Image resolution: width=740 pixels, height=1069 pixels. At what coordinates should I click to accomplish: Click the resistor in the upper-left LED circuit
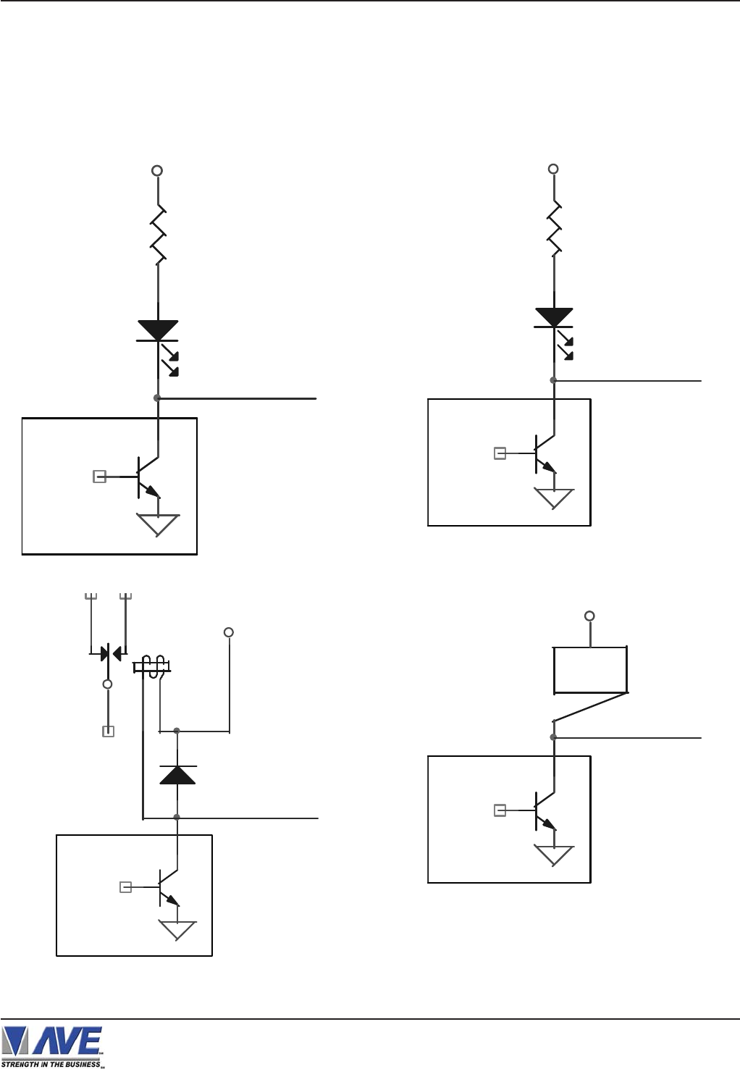(x=157, y=235)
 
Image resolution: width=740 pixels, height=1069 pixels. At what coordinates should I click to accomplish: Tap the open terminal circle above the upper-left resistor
(x=156, y=171)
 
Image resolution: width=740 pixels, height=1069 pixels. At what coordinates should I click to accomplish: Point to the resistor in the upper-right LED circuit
(x=554, y=228)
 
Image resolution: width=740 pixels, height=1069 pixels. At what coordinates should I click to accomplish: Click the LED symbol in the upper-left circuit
(x=158, y=330)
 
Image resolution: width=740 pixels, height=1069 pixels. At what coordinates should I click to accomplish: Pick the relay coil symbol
(x=152, y=666)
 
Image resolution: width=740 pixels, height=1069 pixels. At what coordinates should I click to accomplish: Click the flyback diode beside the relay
(x=177, y=774)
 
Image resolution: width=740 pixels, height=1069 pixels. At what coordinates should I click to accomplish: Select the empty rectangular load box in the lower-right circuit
(x=590, y=670)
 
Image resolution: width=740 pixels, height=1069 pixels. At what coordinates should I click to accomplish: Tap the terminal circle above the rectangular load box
(x=589, y=616)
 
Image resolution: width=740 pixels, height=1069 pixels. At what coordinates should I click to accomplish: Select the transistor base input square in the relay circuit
(x=125, y=886)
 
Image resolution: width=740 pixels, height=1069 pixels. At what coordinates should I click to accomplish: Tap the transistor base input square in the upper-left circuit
(x=100, y=477)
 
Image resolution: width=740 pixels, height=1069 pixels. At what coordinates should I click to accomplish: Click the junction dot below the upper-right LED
(x=553, y=380)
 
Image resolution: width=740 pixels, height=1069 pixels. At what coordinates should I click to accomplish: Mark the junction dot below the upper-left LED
(x=157, y=398)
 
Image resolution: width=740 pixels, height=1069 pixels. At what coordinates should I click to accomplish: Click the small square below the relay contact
(x=108, y=731)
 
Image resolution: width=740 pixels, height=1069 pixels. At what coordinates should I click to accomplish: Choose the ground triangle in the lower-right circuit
(x=554, y=855)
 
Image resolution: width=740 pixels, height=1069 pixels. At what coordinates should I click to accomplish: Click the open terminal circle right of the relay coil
(x=229, y=632)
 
